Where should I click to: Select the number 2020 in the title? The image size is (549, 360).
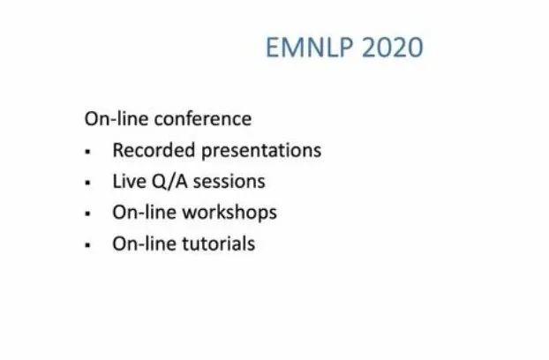393,48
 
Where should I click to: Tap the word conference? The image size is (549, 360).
203,119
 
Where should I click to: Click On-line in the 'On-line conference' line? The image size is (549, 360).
117,119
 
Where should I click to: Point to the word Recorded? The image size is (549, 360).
154,150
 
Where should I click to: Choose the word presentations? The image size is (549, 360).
261,151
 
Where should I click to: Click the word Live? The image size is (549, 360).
129,181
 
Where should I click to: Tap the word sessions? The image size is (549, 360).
229,182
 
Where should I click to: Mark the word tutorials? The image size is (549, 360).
219,244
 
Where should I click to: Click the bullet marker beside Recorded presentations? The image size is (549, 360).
88,152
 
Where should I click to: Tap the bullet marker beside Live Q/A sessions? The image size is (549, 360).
88,183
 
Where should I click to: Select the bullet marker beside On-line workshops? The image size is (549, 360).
88,214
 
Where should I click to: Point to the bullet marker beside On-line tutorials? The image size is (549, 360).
88,245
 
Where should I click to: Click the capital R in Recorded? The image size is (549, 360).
118,150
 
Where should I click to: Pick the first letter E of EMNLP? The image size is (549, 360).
273,48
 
